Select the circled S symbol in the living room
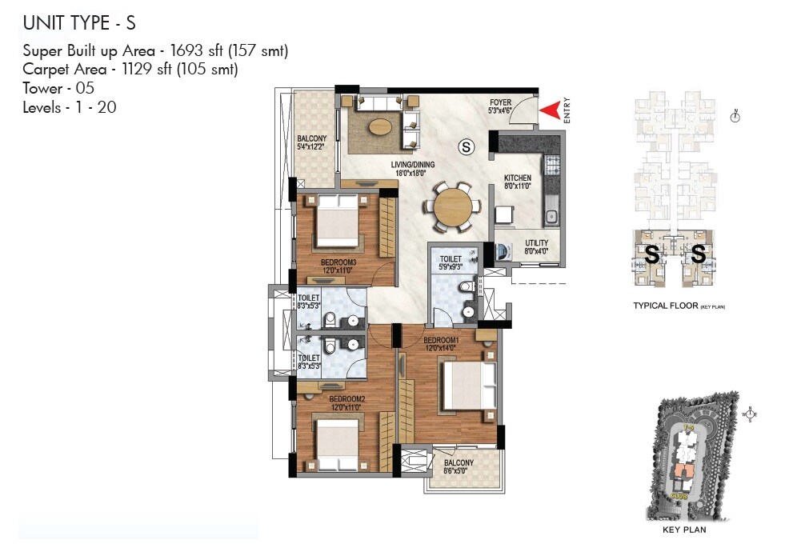pyautogui.click(x=466, y=146)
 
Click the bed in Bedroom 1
pyautogui.click(x=469, y=386)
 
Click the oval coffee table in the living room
pyautogui.click(x=379, y=126)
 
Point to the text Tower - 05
pyautogui.click(x=58, y=87)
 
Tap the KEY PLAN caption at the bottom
pyautogui.click(x=683, y=529)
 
